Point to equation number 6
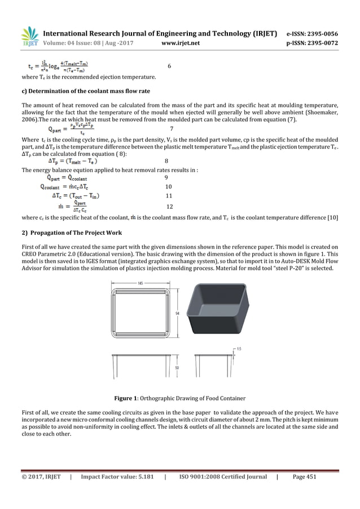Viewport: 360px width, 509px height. pos(169,67)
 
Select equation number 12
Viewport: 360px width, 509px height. pos(169,207)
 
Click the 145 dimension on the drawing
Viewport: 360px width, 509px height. pos(139,283)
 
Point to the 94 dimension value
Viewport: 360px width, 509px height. pos(177,314)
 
